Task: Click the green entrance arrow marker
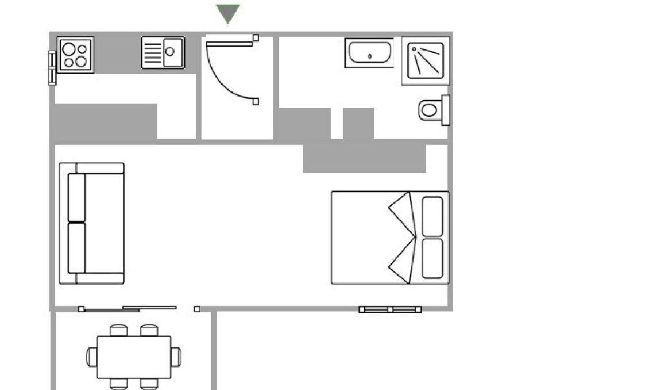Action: (228, 13)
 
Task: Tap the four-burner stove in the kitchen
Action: (75, 55)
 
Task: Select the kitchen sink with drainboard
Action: (163, 53)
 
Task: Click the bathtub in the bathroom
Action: (369, 53)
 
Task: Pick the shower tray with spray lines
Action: (426, 60)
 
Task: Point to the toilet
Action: (432, 109)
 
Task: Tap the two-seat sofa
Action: (92, 223)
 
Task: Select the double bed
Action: (389, 238)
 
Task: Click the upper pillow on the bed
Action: (432, 216)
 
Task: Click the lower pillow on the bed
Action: (432, 258)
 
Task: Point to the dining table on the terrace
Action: (134, 357)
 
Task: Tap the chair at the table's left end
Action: (91, 357)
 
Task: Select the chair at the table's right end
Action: (176, 357)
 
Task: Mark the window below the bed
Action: (390, 309)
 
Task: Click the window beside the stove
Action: (52, 67)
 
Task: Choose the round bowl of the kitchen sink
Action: (170, 51)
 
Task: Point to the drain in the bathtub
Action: (369, 56)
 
